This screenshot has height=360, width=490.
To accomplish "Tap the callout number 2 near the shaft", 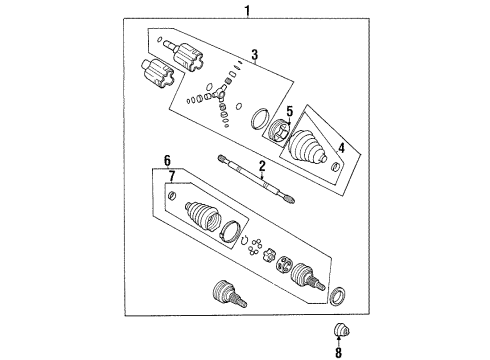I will point(262,166).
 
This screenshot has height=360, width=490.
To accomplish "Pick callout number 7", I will point(170,178).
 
